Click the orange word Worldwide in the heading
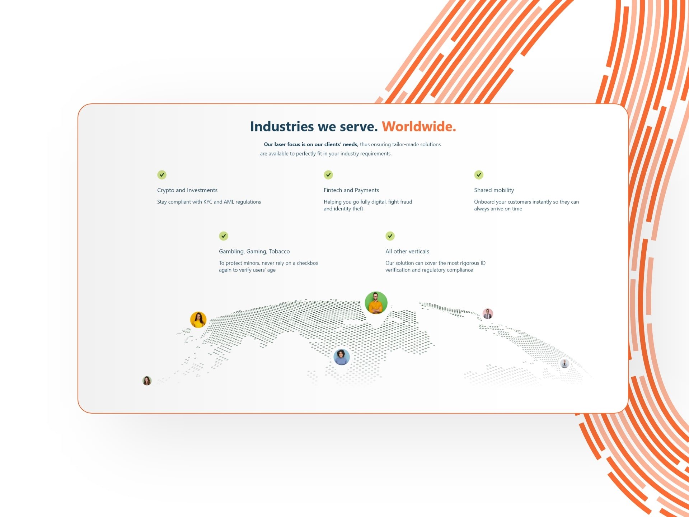[419, 126]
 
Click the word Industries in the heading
[282, 126]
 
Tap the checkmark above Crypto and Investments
[162, 175]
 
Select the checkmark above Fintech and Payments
[328, 175]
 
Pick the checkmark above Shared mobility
[479, 175]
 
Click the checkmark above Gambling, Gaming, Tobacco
[224, 236]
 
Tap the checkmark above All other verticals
[390, 236]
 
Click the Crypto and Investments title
[187, 190]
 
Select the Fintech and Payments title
[351, 190]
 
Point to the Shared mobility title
[494, 190]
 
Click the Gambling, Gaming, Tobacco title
[254, 251]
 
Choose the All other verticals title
[407, 251]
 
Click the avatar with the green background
[376, 303]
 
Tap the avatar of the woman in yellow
[198, 320]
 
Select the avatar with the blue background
[342, 357]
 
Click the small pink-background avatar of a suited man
[488, 314]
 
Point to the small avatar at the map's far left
[147, 381]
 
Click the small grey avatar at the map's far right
[565, 364]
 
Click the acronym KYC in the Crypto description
[208, 202]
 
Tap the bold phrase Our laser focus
[282, 144]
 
